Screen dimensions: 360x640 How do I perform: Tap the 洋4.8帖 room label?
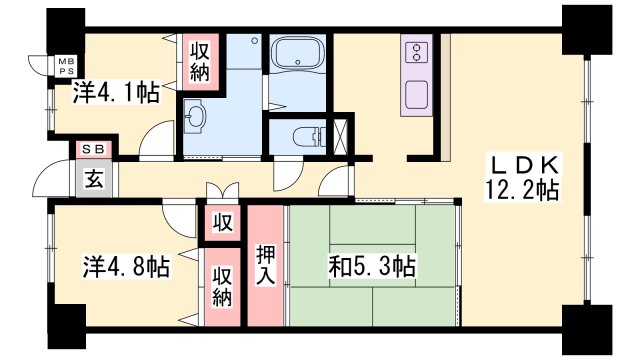click(x=125, y=267)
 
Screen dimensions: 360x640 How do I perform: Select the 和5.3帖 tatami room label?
click(x=371, y=267)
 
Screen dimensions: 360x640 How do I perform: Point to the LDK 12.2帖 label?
click(x=522, y=176)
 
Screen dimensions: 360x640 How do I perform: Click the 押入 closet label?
click(x=266, y=265)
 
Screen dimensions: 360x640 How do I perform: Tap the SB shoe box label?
click(x=93, y=149)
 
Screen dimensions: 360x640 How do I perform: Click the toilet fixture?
click(x=305, y=136)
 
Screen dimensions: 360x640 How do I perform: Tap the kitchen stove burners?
click(x=417, y=52)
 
